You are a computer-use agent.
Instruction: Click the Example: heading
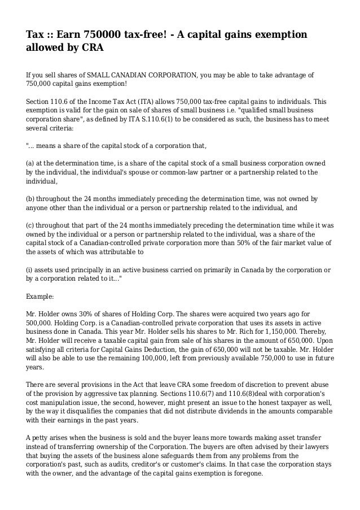pyautogui.click(x=41, y=295)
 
